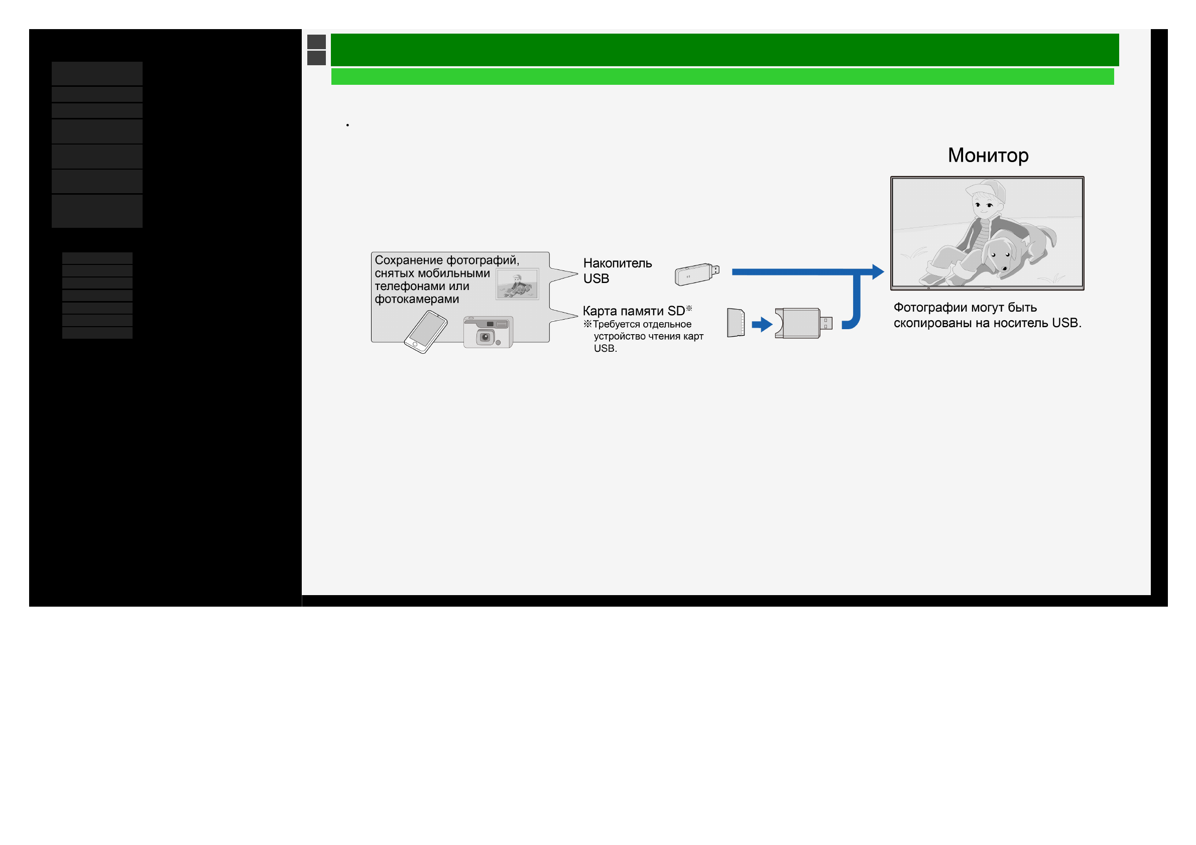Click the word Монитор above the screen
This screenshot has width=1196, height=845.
click(988, 156)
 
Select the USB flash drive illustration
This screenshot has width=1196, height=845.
click(697, 274)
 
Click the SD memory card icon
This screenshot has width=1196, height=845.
click(736, 323)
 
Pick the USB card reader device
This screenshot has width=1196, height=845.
click(803, 323)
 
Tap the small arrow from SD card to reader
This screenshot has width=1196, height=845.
click(762, 324)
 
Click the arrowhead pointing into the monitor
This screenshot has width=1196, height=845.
click(878, 272)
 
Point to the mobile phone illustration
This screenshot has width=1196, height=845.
click(426, 332)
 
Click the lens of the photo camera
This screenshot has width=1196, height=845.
click(486, 337)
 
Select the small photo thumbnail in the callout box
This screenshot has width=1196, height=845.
click(517, 285)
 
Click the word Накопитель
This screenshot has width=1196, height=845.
click(618, 263)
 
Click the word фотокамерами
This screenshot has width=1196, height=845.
click(417, 300)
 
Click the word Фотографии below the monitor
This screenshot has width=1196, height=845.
click(928, 308)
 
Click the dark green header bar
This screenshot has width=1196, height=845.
click(725, 50)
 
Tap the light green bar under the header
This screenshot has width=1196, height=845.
click(723, 77)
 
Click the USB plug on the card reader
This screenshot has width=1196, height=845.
click(826, 323)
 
